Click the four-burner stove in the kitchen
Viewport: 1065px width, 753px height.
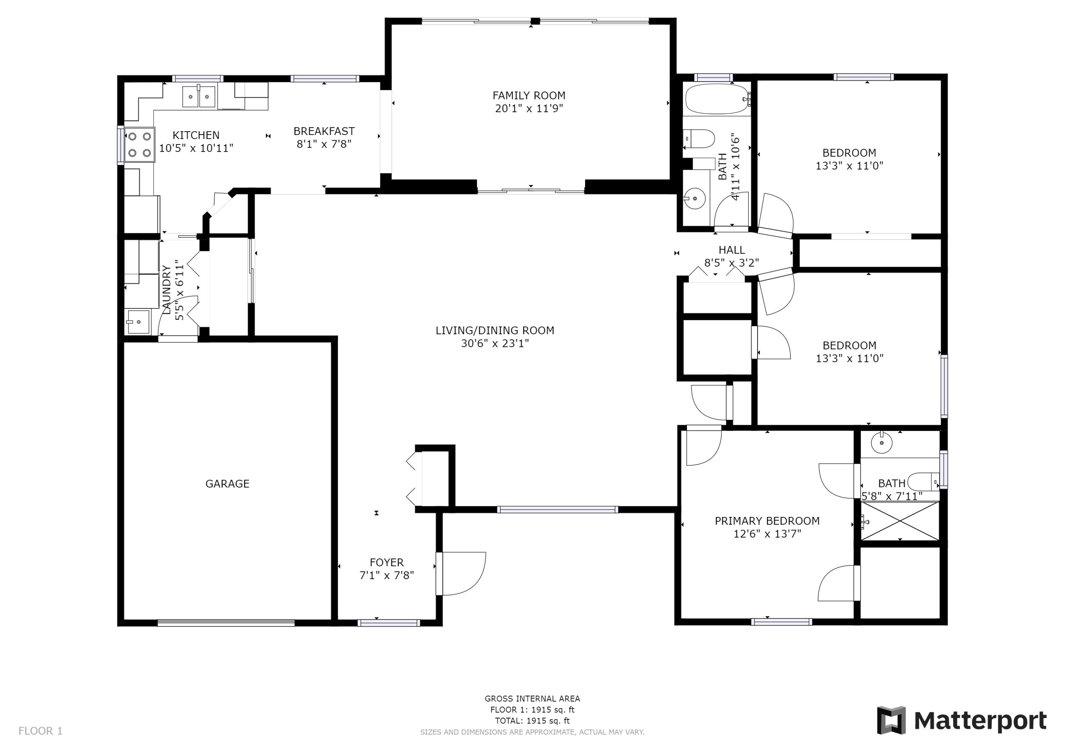[x=140, y=145]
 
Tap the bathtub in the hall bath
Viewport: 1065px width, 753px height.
[x=717, y=99]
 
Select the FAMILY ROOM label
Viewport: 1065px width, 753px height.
[x=529, y=96]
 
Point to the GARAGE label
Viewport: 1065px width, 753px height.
[x=227, y=484]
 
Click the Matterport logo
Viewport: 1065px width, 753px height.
[x=962, y=721]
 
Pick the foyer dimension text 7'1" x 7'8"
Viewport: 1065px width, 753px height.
[x=387, y=575]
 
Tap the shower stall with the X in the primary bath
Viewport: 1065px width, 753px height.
[x=900, y=521]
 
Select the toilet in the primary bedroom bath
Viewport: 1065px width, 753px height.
[x=923, y=481]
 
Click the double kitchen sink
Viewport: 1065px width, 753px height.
[x=198, y=97]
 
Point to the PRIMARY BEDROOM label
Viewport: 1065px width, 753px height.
[x=767, y=521]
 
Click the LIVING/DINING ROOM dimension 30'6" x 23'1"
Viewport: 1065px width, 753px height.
[x=495, y=343]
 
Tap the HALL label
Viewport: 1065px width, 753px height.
[x=732, y=250]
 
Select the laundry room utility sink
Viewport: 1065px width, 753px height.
[x=138, y=322]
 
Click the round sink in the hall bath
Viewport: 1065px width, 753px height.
[x=695, y=198]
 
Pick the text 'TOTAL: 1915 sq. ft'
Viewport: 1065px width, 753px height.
[x=532, y=721]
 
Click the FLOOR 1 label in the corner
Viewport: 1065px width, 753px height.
[x=40, y=731]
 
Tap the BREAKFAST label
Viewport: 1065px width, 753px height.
[x=324, y=131]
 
